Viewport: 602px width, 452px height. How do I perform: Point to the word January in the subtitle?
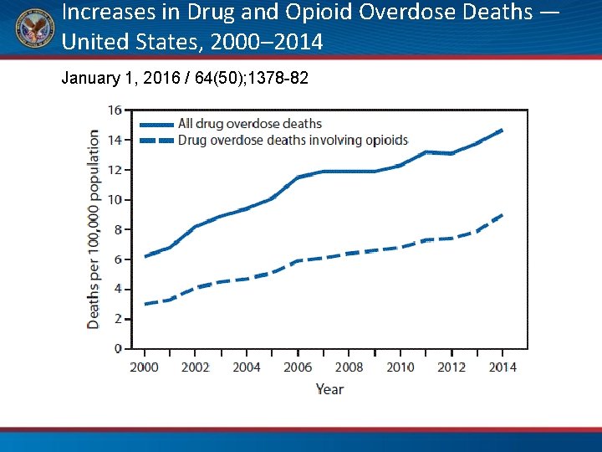click(90, 79)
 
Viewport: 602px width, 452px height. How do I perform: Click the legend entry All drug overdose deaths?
click(250, 124)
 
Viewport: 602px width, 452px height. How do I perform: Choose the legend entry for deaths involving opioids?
click(293, 140)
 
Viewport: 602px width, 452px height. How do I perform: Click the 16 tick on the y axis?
click(115, 110)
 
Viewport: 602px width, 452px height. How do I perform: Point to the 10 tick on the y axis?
click(115, 199)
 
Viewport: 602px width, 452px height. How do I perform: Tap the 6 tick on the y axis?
click(118, 259)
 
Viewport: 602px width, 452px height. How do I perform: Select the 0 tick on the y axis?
click(118, 348)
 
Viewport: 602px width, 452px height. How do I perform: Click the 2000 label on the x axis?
click(145, 367)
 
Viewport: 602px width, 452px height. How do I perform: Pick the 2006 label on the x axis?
click(298, 367)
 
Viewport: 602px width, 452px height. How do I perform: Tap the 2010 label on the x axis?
click(400, 367)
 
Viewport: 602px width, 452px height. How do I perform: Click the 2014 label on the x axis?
click(503, 367)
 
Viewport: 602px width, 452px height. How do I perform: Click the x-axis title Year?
click(329, 388)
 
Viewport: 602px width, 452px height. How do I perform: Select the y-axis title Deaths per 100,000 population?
click(94, 229)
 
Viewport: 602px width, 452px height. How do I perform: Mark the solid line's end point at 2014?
click(502, 130)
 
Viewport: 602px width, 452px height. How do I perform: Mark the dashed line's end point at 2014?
click(502, 215)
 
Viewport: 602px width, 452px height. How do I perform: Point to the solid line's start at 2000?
click(145, 256)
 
